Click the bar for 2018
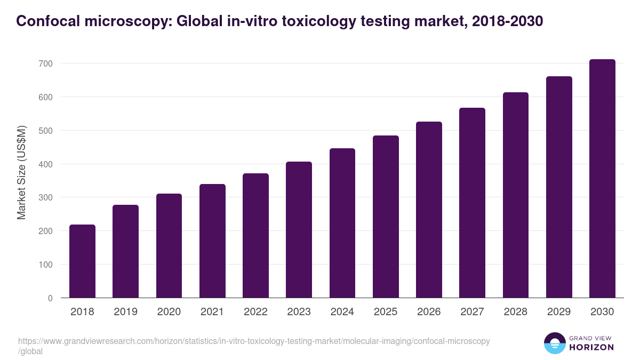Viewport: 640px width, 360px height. click(82, 261)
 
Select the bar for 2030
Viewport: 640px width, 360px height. click(602, 179)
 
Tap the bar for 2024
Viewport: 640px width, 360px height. click(342, 223)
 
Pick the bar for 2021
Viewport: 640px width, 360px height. click(212, 241)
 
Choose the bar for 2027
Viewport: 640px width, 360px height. click(472, 203)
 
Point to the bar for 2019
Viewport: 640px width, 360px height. click(125, 251)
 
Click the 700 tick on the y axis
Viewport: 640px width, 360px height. click(45, 63)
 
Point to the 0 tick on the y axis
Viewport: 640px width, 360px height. click(50, 298)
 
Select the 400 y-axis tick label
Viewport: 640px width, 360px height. click(45, 164)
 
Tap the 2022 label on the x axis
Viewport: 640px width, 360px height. click(255, 312)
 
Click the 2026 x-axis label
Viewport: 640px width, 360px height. click(429, 312)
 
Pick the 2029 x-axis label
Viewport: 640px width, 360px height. click(559, 312)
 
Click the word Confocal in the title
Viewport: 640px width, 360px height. click(44, 21)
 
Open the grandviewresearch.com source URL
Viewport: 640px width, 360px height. click(253, 341)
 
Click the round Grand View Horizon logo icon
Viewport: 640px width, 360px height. click(554, 343)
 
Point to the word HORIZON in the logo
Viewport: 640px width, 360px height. click(592, 347)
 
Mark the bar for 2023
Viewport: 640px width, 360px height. click(299, 230)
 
